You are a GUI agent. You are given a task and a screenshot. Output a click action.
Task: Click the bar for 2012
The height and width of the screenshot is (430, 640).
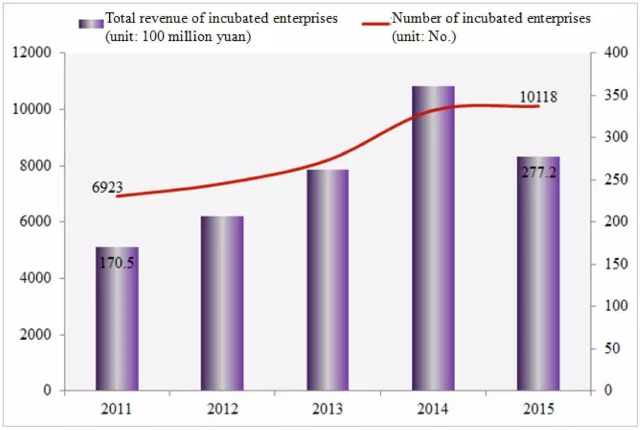(x=222, y=303)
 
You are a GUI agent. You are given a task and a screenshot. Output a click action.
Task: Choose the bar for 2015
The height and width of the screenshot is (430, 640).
(x=538, y=285)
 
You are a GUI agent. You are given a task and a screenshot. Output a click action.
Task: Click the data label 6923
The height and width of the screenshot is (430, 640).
(x=107, y=189)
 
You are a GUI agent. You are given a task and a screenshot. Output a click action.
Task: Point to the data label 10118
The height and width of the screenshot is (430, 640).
(x=539, y=97)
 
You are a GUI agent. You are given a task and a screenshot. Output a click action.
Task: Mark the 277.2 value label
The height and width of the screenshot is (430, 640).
(x=538, y=173)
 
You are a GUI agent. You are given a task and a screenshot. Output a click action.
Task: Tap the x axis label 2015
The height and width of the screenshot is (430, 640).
(x=538, y=410)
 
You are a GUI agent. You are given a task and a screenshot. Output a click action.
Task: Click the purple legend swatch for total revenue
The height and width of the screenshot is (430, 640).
(x=91, y=23)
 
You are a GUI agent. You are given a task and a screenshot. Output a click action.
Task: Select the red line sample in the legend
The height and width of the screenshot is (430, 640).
(x=376, y=23)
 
